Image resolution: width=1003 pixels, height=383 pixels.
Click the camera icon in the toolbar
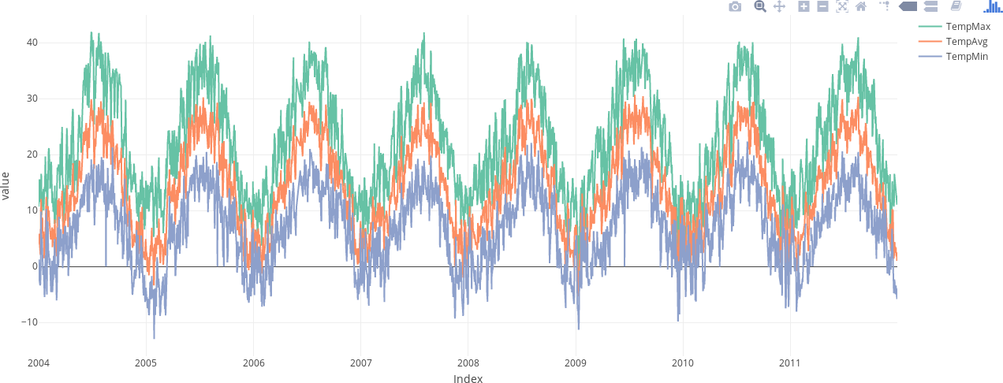(735, 7)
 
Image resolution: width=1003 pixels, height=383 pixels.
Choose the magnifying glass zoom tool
(760, 7)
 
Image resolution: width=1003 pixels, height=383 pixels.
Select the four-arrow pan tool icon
(779, 7)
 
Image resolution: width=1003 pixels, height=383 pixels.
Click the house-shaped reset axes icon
(861, 7)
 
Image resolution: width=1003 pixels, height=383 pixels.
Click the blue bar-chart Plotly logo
(992, 7)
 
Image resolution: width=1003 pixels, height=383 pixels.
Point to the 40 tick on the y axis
(32, 43)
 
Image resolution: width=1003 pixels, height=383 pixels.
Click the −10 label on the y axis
(29, 322)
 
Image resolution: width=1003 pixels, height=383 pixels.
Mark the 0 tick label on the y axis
(35, 266)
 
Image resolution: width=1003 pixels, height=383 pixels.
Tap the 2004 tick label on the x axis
(39, 363)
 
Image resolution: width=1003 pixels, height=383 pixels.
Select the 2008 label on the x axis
(468, 363)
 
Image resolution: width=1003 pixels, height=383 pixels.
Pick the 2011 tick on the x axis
(790, 363)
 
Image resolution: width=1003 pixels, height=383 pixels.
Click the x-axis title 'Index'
(468, 379)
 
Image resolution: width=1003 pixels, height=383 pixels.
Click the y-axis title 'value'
(6, 186)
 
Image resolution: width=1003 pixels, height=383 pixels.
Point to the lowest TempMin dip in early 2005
(154, 337)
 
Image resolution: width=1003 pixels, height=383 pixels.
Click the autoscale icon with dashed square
(842, 7)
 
